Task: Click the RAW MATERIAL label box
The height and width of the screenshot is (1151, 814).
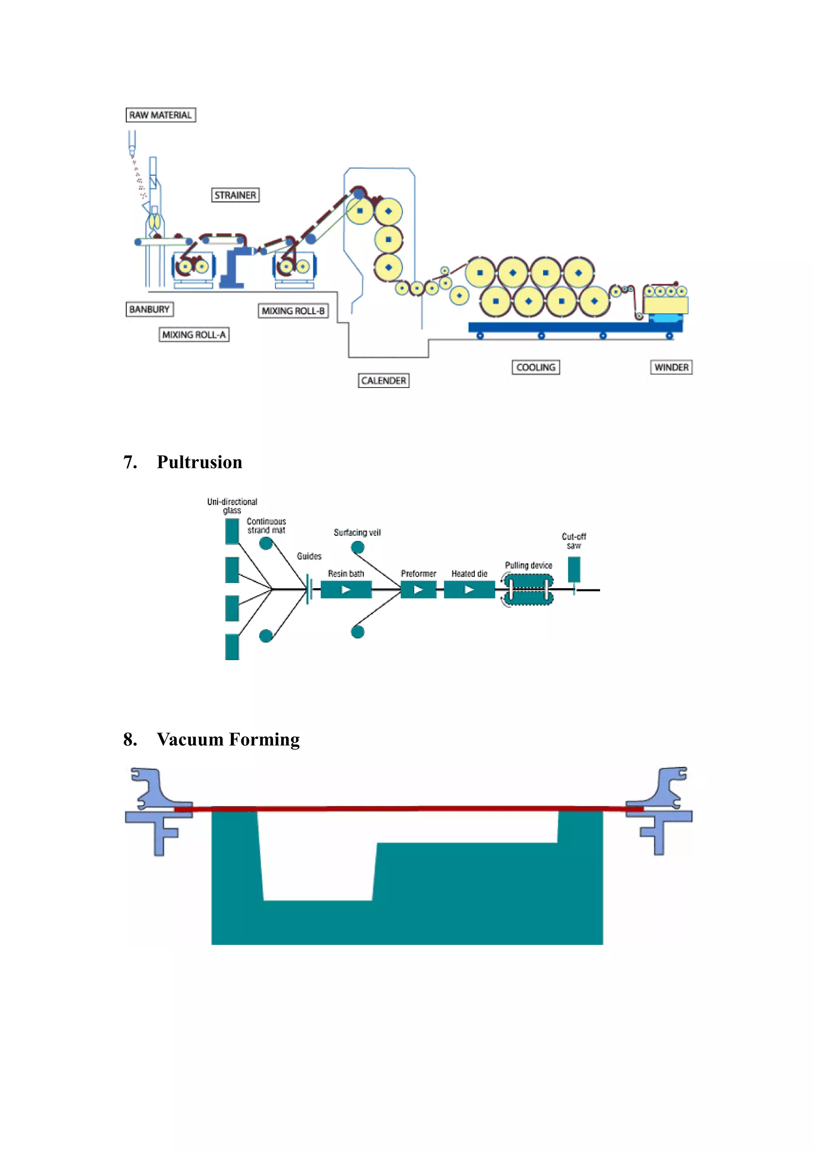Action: pyautogui.click(x=161, y=115)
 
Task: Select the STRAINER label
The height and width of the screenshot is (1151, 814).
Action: pyautogui.click(x=235, y=195)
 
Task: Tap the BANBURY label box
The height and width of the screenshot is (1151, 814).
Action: pyautogui.click(x=149, y=309)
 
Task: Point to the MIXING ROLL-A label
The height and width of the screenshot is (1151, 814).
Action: pyautogui.click(x=194, y=334)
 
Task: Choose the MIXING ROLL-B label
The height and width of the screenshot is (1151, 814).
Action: pyautogui.click(x=293, y=311)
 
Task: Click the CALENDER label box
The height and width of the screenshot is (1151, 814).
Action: pyautogui.click(x=384, y=380)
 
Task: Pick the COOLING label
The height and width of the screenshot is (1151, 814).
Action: pyautogui.click(x=535, y=368)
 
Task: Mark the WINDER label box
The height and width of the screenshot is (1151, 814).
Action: pyautogui.click(x=671, y=368)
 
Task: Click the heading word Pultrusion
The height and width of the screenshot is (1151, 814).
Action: pyautogui.click(x=200, y=462)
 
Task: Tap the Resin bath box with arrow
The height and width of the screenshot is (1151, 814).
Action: pyautogui.click(x=346, y=589)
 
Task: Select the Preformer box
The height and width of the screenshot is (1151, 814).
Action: pyautogui.click(x=418, y=589)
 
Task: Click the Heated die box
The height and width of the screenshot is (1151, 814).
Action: pyautogui.click(x=469, y=589)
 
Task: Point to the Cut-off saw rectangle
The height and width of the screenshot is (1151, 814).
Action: pyautogui.click(x=574, y=569)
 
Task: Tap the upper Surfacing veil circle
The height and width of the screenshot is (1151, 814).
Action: pyautogui.click(x=357, y=547)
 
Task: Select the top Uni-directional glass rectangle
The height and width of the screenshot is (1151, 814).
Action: pyautogui.click(x=232, y=531)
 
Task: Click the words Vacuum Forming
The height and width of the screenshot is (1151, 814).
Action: pyautogui.click(x=228, y=739)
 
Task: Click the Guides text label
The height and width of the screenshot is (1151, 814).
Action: pyautogui.click(x=309, y=556)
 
